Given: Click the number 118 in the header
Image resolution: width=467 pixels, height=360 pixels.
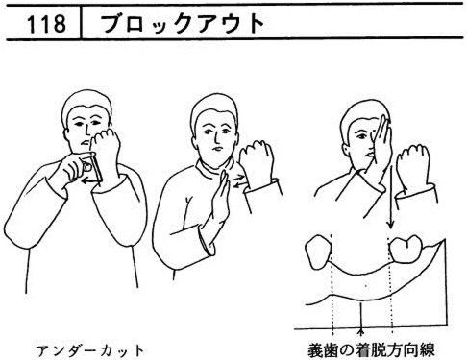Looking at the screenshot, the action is pyautogui.click(x=46, y=24).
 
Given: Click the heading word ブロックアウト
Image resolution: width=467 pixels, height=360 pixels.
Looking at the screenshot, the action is pyautogui.click(x=183, y=24).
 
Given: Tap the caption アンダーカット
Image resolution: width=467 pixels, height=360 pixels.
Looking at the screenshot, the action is pyautogui.click(x=90, y=350).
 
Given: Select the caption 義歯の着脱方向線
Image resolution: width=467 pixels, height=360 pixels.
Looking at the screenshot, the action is pyautogui.click(x=371, y=350).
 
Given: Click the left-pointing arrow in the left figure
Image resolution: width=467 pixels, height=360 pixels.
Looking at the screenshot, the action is pyautogui.click(x=91, y=181).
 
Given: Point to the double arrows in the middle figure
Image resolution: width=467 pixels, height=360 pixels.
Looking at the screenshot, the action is pyautogui.click(x=238, y=181).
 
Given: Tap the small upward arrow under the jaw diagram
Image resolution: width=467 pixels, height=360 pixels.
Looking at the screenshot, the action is pyautogui.click(x=361, y=316).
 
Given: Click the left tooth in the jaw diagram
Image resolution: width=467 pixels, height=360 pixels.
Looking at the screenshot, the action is pyautogui.click(x=318, y=252).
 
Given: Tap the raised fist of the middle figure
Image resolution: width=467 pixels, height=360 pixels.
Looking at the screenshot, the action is pyautogui.click(x=257, y=163).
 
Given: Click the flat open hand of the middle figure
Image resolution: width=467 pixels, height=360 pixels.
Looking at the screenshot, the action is pyautogui.click(x=221, y=199).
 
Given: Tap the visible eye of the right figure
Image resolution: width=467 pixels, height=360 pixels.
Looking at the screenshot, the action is pyautogui.click(x=363, y=136).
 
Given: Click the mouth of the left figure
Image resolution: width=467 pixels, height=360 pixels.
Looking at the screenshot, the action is pyautogui.click(x=84, y=142).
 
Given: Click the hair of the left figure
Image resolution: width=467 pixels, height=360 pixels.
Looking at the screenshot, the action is pyautogui.click(x=86, y=101).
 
